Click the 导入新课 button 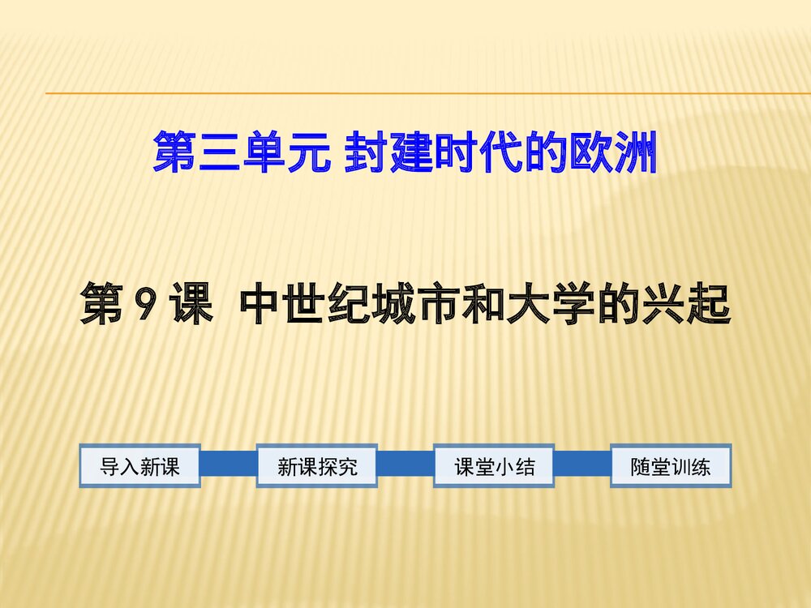click(x=139, y=466)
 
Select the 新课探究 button click(x=317, y=466)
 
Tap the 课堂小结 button click(x=494, y=466)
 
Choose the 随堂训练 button click(x=671, y=466)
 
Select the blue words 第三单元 click(x=242, y=152)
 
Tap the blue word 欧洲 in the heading click(x=613, y=152)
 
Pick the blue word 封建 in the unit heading click(x=388, y=152)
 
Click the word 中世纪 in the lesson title click(x=307, y=304)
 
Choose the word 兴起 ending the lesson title click(x=686, y=304)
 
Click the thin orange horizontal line click(x=428, y=93)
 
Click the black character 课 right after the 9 click(x=192, y=304)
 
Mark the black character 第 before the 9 click(x=102, y=304)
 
